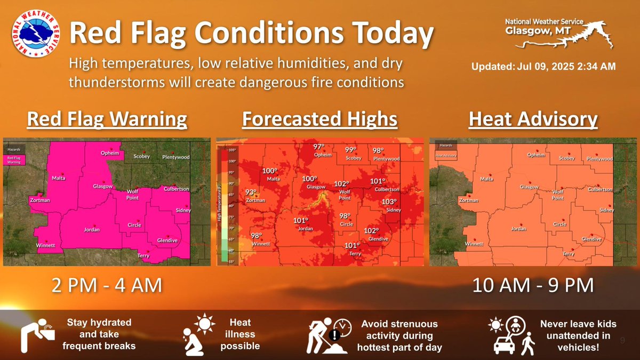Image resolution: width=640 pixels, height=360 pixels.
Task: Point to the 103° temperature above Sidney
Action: point(389,202)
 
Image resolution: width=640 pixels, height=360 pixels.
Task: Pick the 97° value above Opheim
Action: point(318,147)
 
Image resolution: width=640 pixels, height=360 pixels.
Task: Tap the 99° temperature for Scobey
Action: point(350,150)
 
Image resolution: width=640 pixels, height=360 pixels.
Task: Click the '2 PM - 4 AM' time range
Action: point(106,285)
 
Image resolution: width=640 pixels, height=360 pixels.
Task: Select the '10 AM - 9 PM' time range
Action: point(533,285)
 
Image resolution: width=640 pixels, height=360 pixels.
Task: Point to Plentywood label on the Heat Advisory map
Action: point(599,159)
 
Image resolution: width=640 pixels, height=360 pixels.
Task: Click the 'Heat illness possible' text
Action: point(239,334)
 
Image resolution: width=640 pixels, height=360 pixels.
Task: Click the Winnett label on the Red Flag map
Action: point(45,245)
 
